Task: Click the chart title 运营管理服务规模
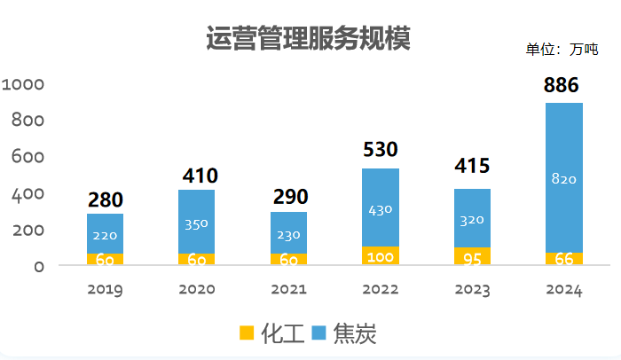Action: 308,40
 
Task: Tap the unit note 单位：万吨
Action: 562,49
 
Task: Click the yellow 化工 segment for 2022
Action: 380,255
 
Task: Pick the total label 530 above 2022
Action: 380,149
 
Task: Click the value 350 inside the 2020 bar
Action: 196,223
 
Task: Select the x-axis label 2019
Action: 105,290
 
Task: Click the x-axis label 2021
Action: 288,290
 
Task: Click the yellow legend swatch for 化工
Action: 247,333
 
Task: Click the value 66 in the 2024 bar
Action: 563,259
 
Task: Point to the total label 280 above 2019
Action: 105,200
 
